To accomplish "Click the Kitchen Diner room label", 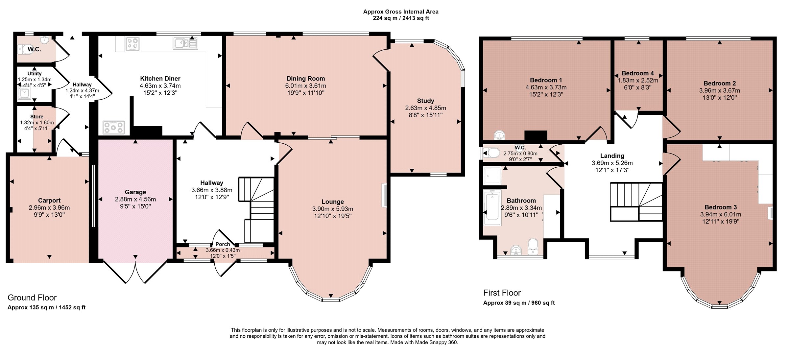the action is [x=160, y=79].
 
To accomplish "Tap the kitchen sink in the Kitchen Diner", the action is [x=185, y=43].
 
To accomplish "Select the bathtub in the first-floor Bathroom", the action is [x=492, y=207].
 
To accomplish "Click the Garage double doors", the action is [x=135, y=272].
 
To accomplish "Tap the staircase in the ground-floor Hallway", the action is [x=256, y=210].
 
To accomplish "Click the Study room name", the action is [x=425, y=101].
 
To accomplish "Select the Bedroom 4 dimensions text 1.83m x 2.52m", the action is [x=638, y=81].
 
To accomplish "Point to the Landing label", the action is [x=612, y=156].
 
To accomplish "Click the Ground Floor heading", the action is [x=32, y=298].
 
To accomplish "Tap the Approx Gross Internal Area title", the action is [x=401, y=12].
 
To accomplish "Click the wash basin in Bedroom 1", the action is [x=500, y=135].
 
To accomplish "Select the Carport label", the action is [x=49, y=201].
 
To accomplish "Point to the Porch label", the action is [x=223, y=244].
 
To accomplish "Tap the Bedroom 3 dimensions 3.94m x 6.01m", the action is [x=721, y=214].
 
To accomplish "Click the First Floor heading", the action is [x=502, y=293].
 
